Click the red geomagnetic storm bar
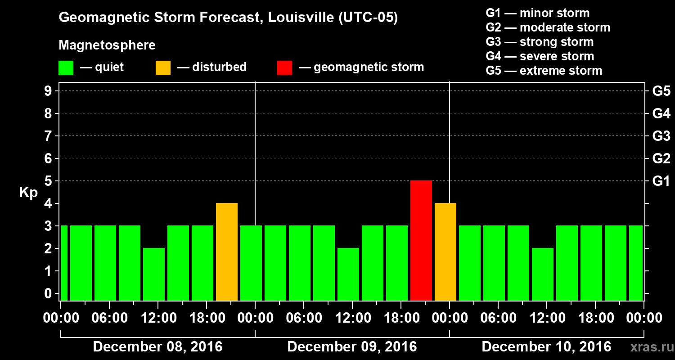[421, 240]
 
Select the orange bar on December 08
[227, 252]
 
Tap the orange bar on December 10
[445, 252]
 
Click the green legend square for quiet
[66, 67]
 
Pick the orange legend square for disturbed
[163, 67]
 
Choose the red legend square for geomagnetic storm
[284, 67]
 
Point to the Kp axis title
[28, 192]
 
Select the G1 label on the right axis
[661, 181]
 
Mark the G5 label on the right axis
[661, 91]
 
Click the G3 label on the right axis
[661, 136]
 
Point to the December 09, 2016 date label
[352, 347]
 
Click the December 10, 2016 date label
[546, 347]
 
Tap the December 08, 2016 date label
[157, 347]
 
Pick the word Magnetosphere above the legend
[107, 45]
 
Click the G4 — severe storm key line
[540, 56]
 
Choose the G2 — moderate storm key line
[548, 27]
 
